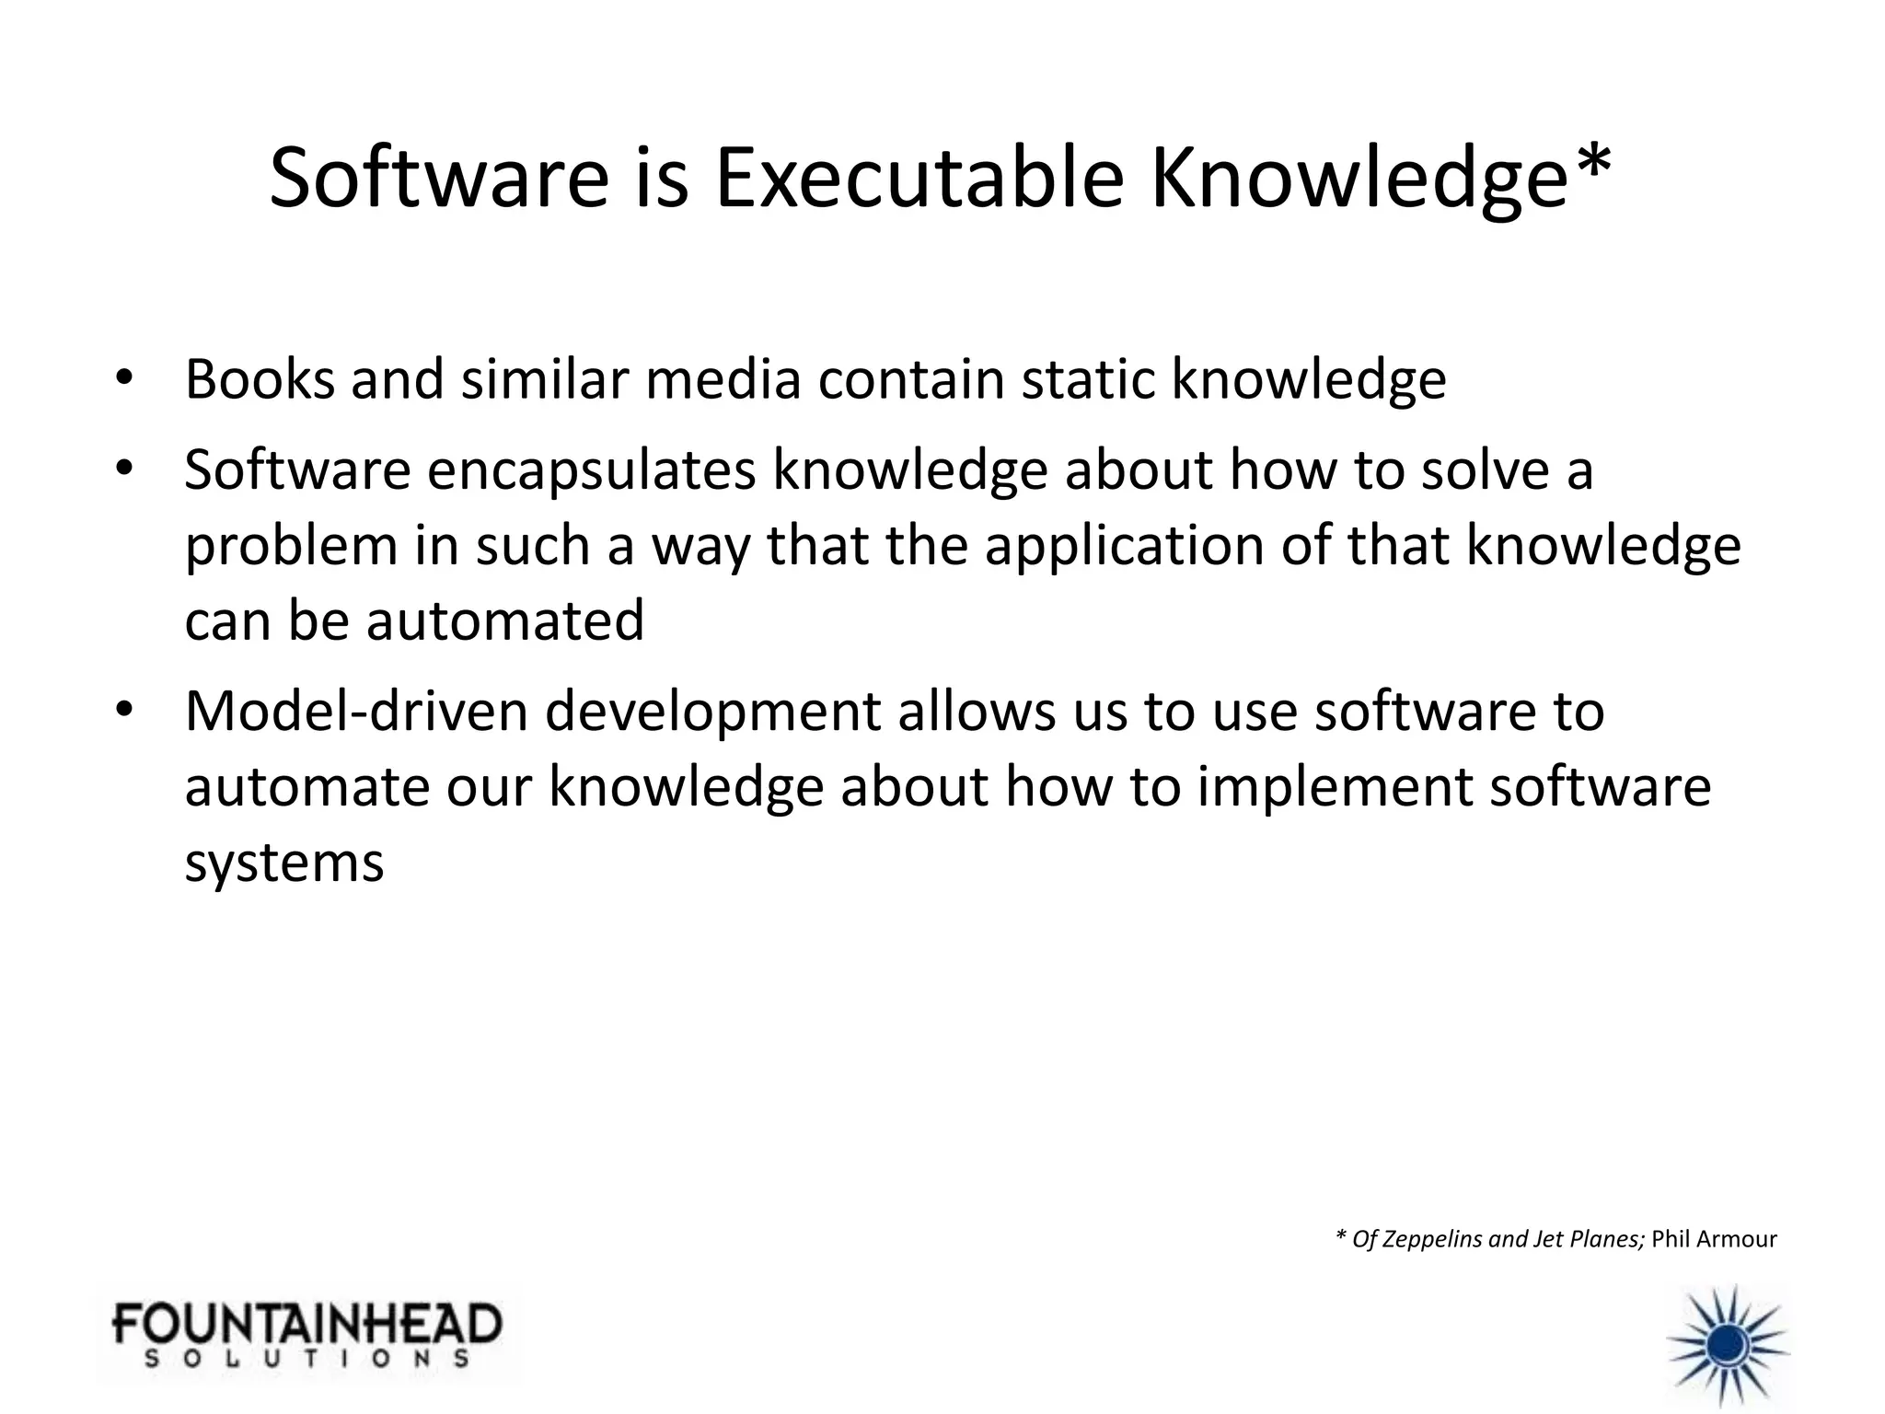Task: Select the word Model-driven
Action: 356,712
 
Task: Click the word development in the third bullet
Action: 712,712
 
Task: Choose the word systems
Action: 283,864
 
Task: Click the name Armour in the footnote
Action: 1737,1239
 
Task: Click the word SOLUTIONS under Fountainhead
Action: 306,1358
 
